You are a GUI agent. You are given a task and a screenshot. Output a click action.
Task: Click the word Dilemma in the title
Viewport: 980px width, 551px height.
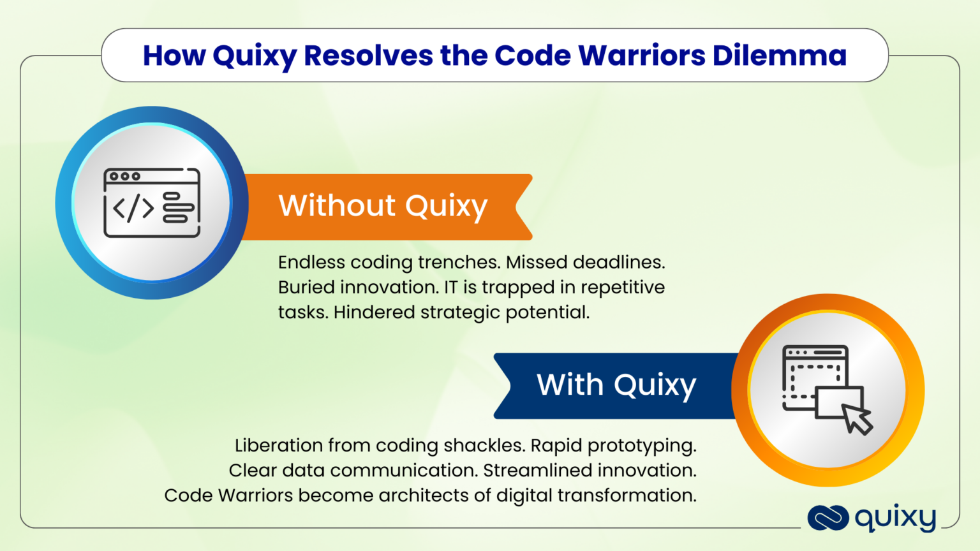coord(779,55)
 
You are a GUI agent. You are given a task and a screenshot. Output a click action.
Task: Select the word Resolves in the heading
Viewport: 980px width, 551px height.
coord(368,55)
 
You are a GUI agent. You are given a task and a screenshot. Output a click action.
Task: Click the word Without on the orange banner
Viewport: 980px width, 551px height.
coord(337,205)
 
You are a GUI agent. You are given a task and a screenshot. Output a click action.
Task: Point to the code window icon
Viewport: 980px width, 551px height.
coord(152,203)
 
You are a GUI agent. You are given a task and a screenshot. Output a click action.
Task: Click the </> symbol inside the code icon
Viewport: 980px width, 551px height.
coord(133,208)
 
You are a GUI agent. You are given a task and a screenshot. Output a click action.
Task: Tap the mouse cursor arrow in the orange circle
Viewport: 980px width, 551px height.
coord(857,419)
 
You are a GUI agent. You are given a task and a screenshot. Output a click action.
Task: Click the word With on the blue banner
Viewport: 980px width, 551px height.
coord(570,385)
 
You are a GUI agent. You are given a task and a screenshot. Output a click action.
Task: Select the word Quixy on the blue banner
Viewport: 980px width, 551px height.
coord(655,386)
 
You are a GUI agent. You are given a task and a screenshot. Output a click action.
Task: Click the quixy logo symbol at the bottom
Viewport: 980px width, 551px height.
coord(828,518)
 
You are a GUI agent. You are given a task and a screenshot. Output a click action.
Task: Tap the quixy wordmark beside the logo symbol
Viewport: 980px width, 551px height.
coord(895,518)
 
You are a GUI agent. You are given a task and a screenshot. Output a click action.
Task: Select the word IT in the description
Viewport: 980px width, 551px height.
coord(450,287)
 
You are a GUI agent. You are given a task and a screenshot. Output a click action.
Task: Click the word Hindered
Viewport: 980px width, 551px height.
coord(374,312)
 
